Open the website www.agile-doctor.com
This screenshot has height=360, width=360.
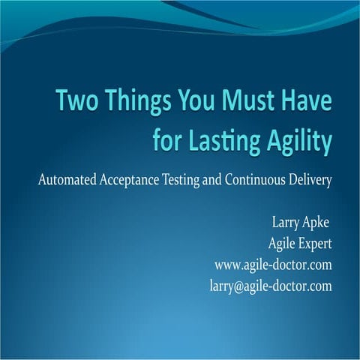273,265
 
